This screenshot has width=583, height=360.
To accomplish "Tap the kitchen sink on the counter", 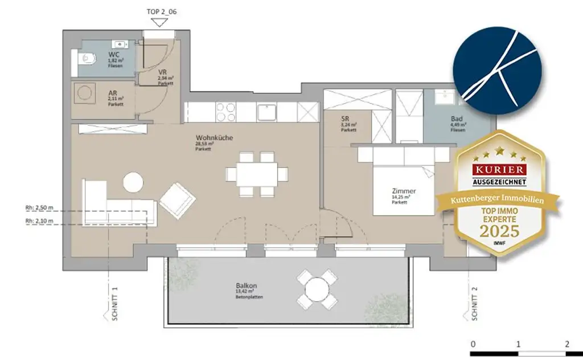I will (266, 112).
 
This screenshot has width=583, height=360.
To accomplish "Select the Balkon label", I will (245, 285).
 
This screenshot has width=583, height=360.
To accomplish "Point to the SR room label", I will (344, 119).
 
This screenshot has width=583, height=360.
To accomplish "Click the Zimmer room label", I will (404, 191).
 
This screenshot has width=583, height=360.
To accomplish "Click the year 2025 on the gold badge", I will (500, 231).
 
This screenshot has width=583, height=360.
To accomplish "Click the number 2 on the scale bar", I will (567, 343).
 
